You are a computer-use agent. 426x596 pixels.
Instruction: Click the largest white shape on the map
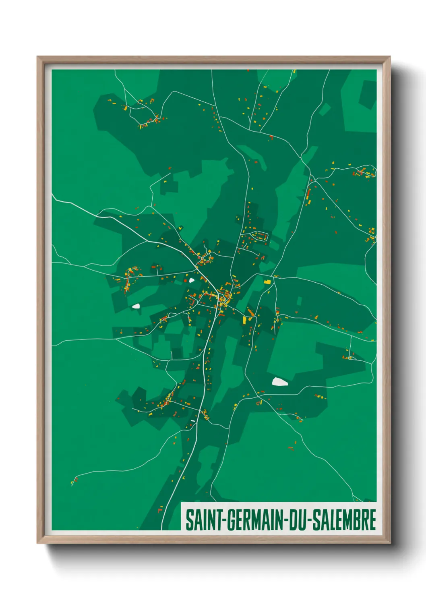tap(279, 381)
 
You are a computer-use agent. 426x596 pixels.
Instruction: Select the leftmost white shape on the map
tap(136, 306)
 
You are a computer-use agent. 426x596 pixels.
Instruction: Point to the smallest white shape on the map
tap(193, 421)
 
